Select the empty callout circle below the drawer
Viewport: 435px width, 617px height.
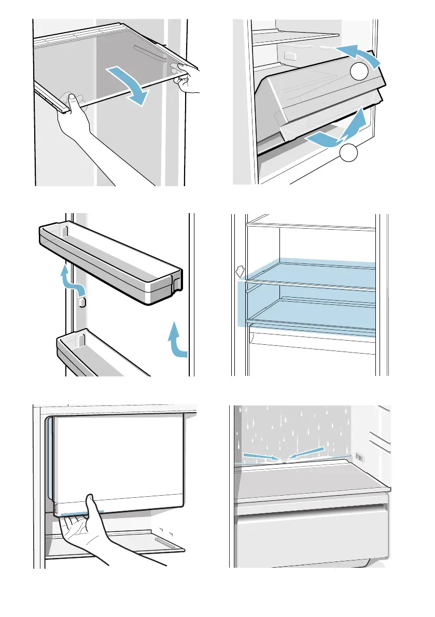point(349,153)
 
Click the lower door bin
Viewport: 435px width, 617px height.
point(99,353)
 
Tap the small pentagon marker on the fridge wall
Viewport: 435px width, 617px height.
point(240,272)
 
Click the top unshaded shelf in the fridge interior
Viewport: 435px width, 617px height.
point(311,227)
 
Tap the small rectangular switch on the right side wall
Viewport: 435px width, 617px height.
point(359,457)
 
